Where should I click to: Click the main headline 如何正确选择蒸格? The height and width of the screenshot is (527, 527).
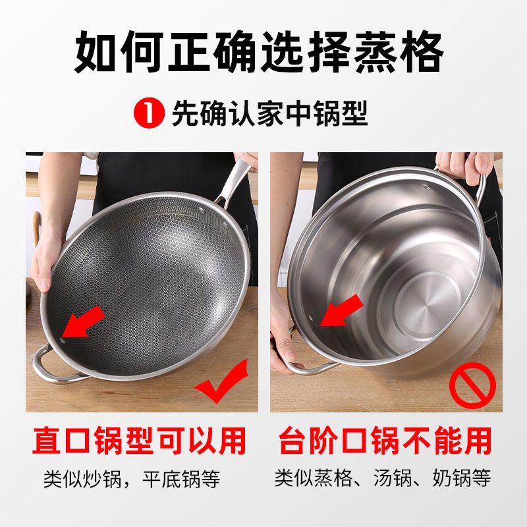(258, 51)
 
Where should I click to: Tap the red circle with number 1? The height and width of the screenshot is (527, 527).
(150, 113)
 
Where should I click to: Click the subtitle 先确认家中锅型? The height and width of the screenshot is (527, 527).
(269, 113)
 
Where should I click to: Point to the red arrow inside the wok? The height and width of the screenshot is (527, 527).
(84, 321)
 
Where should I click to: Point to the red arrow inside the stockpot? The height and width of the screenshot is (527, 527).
(341, 310)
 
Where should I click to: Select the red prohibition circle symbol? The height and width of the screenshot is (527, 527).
(472, 385)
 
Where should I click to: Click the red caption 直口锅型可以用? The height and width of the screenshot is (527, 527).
(139, 441)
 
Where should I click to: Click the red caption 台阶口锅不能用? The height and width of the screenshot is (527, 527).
(385, 441)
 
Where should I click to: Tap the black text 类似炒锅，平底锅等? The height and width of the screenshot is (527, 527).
(132, 479)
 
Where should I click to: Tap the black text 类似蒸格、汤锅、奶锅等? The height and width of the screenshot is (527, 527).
(383, 478)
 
